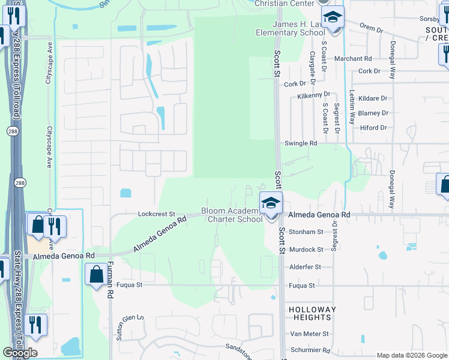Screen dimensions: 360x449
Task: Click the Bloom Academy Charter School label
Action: [x=232, y=215]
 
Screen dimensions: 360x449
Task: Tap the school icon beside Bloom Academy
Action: [x=271, y=203]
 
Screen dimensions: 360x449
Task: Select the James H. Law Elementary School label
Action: [x=291, y=28]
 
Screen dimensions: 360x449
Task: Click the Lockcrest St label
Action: [x=156, y=214]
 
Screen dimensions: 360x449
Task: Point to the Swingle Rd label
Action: [x=300, y=143]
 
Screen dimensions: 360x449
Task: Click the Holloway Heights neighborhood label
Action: [x=312, y=313]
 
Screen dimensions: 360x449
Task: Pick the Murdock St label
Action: [x=306, y=249]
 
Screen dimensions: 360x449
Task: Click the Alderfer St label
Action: [x=306, y=266]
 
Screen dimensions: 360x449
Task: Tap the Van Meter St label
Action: [x=309, y=334]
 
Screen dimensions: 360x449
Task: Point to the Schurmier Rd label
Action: [x=310, y=350]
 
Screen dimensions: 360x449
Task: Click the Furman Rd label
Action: [x=110, y=284]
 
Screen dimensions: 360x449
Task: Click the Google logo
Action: [x=20, y=353]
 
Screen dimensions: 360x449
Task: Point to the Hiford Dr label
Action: [x=374, y=128]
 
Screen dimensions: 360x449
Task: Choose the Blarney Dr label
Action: [x=373, y=113]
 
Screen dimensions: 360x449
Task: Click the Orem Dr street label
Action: [x=372, y=28]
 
